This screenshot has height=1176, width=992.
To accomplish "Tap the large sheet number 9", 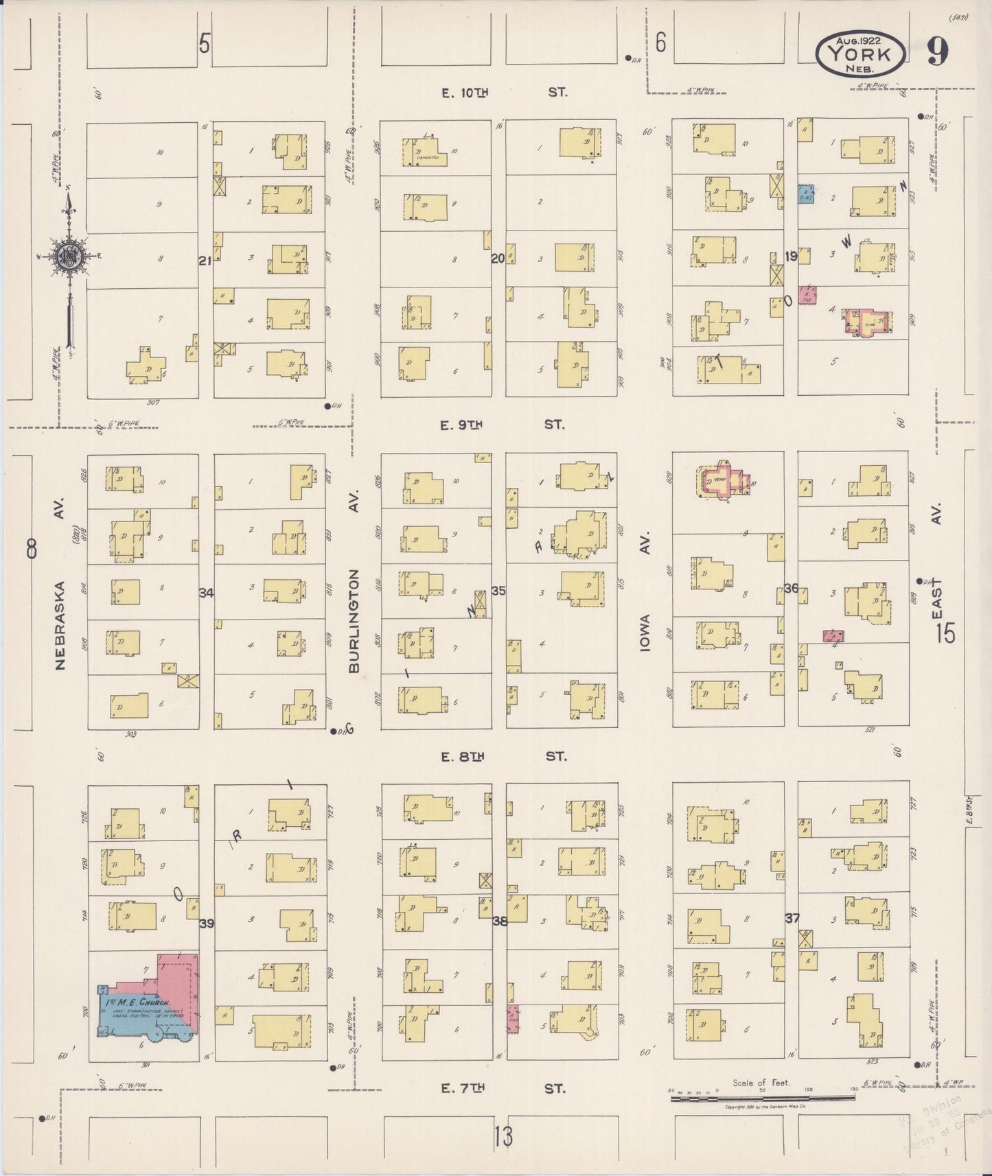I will [938, 51].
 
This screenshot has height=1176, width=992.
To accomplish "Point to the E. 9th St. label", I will [503, 425].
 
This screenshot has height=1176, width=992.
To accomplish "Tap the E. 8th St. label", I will [504, 756].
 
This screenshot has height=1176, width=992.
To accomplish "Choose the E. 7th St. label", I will [504, 1088].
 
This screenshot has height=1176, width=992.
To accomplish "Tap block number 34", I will [206, 592].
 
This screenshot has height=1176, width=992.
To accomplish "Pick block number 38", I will [500, 921].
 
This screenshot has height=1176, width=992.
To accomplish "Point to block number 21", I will [205, 260].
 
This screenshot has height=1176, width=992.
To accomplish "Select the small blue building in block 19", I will [805, 195].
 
